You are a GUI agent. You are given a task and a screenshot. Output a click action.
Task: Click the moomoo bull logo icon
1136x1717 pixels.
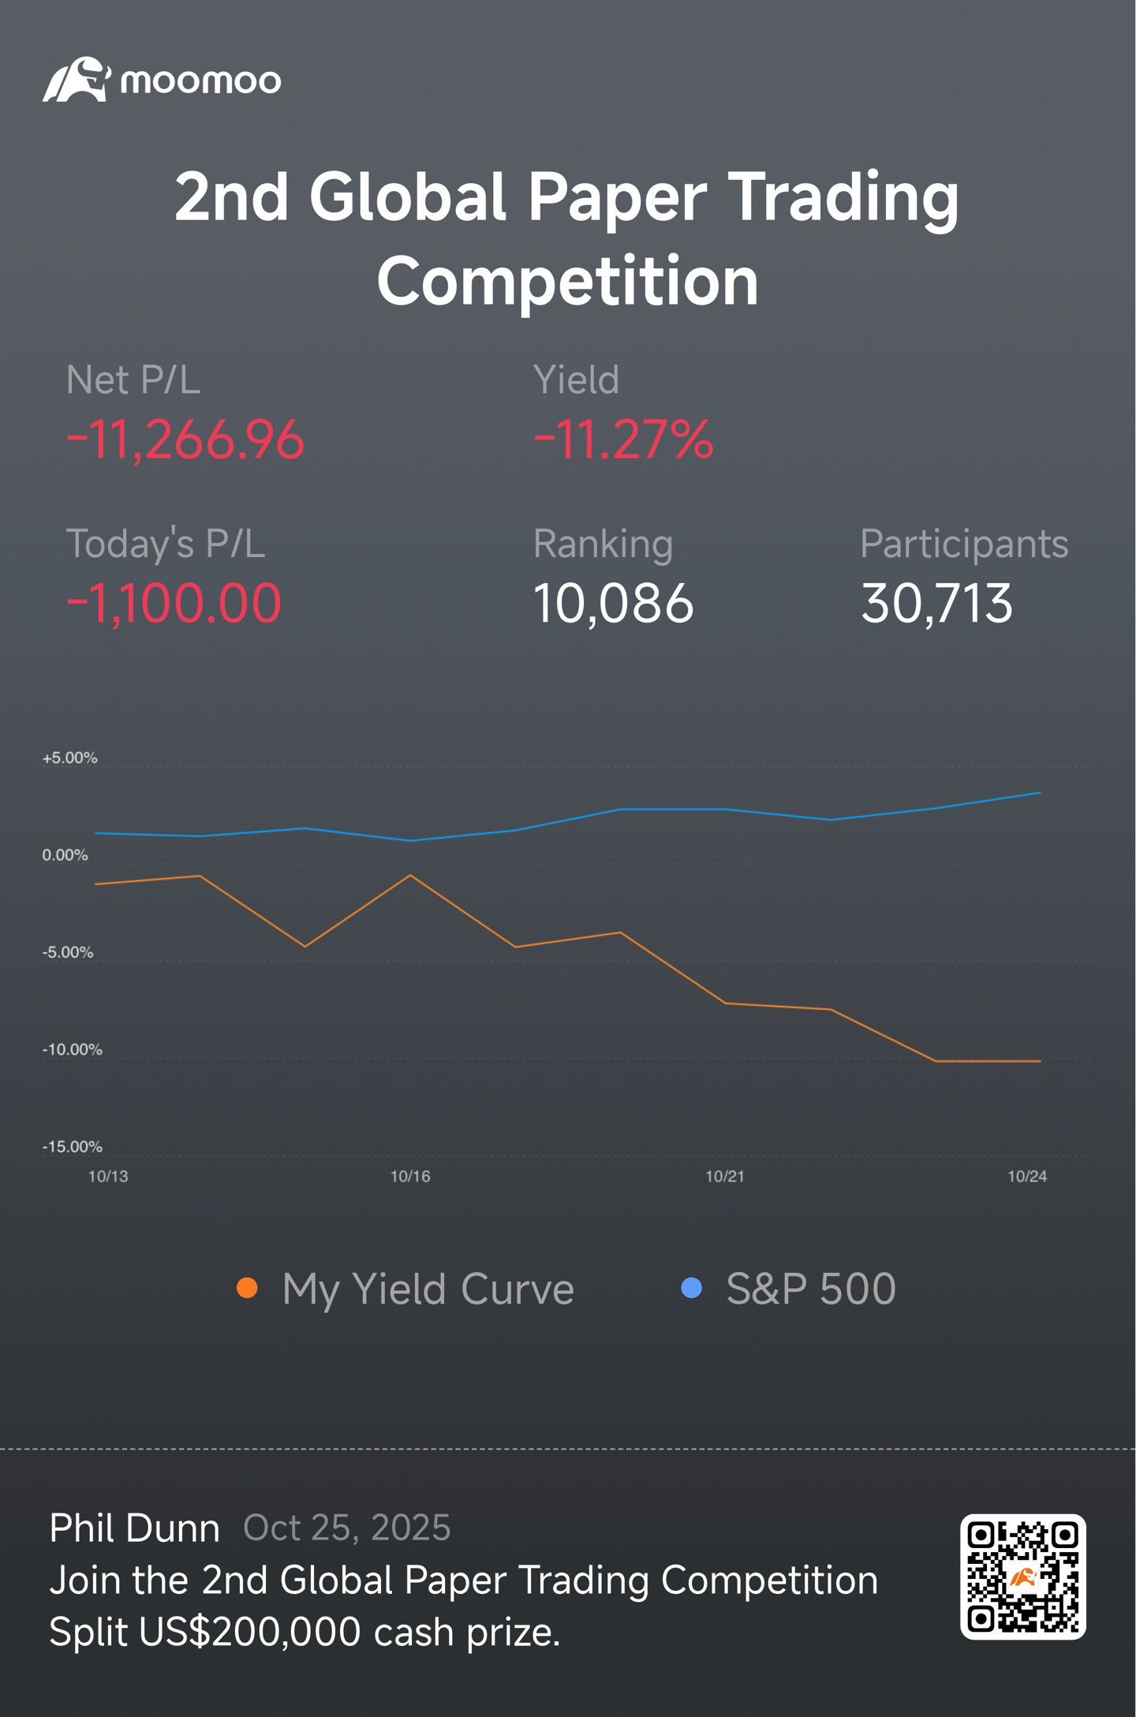(76, 79)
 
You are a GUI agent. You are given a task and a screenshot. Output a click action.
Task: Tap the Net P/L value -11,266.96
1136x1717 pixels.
(185, 440)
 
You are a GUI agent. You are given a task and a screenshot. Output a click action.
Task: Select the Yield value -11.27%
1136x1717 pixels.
(623, 440)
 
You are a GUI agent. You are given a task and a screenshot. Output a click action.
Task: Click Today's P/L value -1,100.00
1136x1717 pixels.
(174, 604)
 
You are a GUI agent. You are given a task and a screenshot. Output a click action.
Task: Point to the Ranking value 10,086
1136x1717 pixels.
(613, 604)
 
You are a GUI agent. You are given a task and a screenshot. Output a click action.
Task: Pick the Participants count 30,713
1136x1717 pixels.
(936, 604)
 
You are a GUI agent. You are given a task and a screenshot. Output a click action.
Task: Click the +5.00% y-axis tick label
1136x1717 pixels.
(69, 758)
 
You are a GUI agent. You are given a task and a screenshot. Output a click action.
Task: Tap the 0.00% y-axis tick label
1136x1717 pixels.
(65, 855)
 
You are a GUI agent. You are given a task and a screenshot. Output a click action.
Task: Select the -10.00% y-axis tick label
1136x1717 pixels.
(72, 1049)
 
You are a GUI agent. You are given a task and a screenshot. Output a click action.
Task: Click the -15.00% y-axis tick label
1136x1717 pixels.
(72, 1147)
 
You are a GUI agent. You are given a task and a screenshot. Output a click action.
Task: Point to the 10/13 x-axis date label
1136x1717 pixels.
(108, 1176)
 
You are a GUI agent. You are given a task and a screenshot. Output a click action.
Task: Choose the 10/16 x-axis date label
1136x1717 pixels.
(410, 1176)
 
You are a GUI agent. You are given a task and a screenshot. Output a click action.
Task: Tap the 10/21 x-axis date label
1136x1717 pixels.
(725, 1176)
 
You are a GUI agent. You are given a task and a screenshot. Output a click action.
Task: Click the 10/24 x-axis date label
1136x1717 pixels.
(1027, 1176)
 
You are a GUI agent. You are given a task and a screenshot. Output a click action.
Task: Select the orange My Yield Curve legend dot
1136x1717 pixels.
(248, 1289)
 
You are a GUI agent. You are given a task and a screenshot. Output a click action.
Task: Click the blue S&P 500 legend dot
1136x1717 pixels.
(692, 1289)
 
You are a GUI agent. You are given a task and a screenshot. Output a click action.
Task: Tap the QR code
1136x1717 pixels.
(1023, 1577)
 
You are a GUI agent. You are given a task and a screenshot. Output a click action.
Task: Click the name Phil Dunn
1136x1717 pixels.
(134, 1528)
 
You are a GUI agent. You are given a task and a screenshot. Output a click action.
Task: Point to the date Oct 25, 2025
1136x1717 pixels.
(346, 1528)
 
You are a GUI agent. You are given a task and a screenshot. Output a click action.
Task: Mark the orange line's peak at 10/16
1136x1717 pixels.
(410, 875)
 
